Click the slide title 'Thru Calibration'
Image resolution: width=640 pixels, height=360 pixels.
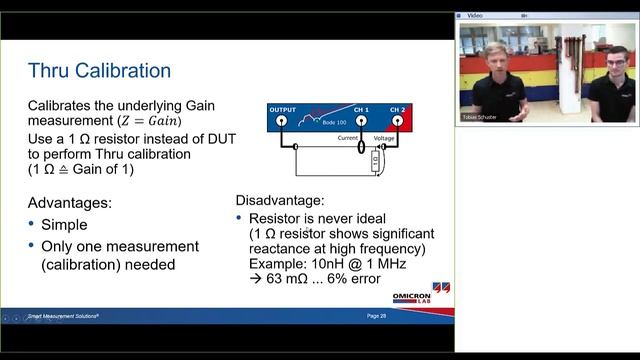[x=99, y=70]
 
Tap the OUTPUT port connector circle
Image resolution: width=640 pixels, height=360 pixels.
[x=282, y=120]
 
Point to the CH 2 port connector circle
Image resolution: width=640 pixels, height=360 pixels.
[x=398, y=120]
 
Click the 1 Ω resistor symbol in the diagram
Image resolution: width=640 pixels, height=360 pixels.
[x=375, y=159]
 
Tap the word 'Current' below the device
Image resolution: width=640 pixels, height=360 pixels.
[x=348, y=138]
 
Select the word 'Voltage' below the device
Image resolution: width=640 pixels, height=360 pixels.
[x=384, y=138]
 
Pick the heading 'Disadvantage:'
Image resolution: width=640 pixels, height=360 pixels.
[x=280, y=200]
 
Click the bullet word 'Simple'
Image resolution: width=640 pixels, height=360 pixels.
[x=64, y=225]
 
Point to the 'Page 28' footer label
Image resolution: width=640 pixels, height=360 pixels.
[x=377, y=316]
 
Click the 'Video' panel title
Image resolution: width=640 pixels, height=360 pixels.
[x=475, y=16]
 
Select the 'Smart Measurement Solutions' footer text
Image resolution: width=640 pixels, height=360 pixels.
[x=70, y=316]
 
